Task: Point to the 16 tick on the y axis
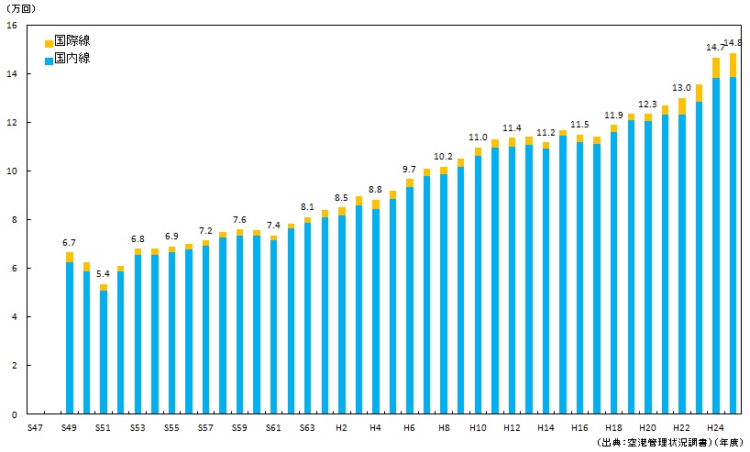coord(11,25)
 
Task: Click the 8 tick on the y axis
coord(13,220)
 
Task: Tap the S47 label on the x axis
coord(35,428)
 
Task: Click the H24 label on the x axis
coord(716,428)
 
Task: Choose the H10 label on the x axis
coord(478,428)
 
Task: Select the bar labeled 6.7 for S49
coord(70,335)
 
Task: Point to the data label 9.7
coord(409,170)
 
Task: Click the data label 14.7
coord(715,47)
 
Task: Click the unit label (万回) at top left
coord(19,8)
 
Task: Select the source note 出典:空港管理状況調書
coord(652,442)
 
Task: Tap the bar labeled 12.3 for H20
coord(647,266)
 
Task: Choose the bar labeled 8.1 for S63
coord(307,316)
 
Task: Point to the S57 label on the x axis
coord(205,428)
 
